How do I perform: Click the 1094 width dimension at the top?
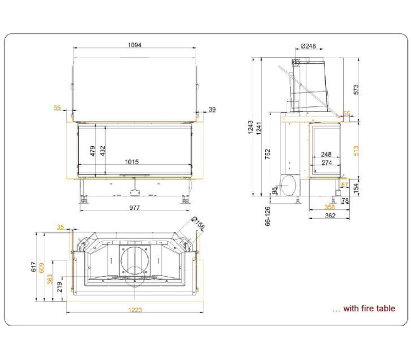click(135, 45)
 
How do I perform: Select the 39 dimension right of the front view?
click(212, 110)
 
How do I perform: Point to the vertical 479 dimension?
click(92, 151)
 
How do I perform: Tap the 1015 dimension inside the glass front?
click(132, 161)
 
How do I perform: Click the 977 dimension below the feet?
click(135, 208)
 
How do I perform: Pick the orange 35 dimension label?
click(60, 227)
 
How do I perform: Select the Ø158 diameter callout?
click(198, 223)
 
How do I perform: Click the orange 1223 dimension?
click(135, 310)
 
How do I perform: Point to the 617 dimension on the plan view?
click(33, 266)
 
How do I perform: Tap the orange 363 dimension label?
click(50, 279)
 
